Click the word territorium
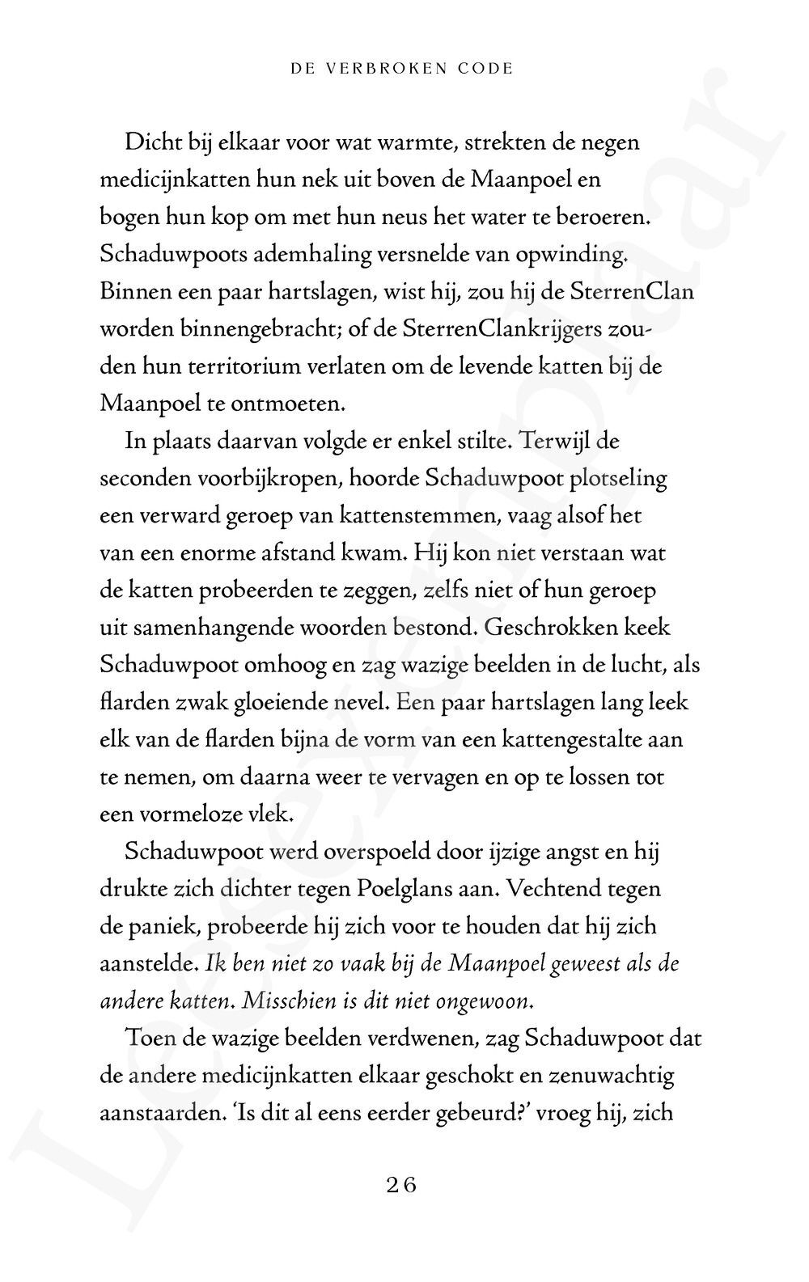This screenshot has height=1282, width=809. (237, 366)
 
